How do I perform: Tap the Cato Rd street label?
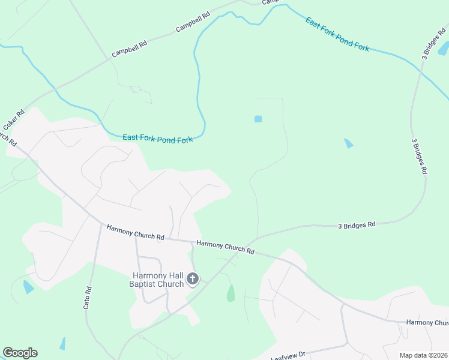click(88, 298)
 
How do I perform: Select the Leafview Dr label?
click(290, 355)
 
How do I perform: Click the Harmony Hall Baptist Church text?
click(157, 280)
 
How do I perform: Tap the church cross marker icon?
click(193, 278)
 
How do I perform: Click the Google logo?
click(20, 353)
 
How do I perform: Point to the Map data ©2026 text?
click(423, 355)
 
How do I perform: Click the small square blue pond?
click(258, 119)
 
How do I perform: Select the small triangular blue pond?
click(349, 143)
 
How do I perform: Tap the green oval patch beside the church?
click(231, 293)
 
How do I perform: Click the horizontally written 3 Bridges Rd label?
click(357, 225)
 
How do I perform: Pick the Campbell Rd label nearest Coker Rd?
click(129, 49)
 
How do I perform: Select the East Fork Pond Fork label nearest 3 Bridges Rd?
click(337, 34)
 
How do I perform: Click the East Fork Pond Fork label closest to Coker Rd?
click(157, 139)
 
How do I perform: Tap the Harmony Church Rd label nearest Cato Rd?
click(135, 232)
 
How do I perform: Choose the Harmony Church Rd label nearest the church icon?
click(225, 247)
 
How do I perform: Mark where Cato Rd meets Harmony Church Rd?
click(100, 223)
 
